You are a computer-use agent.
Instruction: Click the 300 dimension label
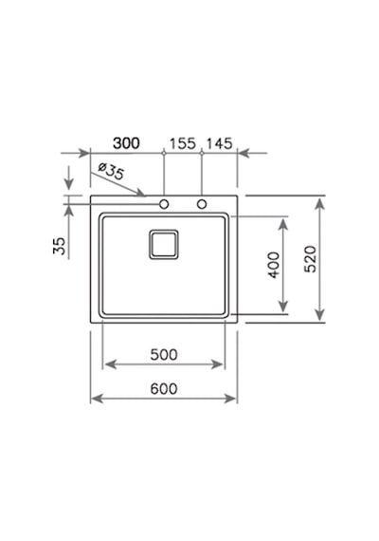pos(126,143)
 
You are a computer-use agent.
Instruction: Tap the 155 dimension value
pos(183,143)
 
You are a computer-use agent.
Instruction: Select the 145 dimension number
pos(220,143)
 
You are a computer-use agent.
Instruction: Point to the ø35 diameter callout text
pos(110,172)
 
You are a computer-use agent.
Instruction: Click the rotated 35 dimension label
pos(60,246)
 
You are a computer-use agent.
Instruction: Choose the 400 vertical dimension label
pos(274,265)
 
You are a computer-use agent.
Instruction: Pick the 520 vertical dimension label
pos(311,259)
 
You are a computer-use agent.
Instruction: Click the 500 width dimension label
pos(164,354)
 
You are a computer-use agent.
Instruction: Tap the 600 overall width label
pos(164,389)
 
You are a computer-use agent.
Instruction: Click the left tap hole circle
pos(164,204)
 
